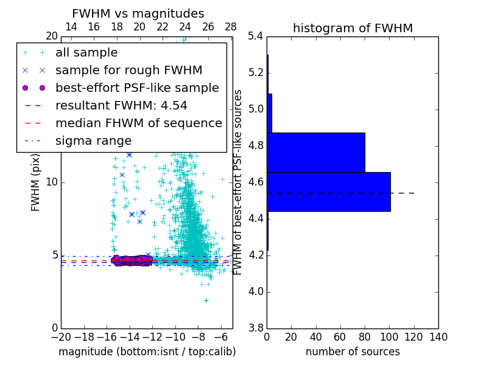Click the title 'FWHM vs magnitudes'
pos(138,13)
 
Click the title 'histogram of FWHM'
pos(352,28)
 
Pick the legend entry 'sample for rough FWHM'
pos(128,71)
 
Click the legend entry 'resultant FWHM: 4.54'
pos(121,106)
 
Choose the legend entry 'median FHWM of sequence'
pos(138,123)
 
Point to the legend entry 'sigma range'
pos(93,141)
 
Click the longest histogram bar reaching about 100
pos(329,192)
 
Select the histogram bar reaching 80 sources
pos(316,152)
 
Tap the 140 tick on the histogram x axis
pos(438,337)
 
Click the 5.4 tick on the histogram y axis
pos(256,36)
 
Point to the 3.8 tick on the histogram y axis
pos(256,328)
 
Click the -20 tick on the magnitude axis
pos(61,337)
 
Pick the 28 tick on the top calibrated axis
pos(231,27)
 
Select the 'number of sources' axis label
pos(352,352)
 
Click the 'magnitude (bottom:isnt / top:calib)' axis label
pos(147,352)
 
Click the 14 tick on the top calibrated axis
pos(71,27)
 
